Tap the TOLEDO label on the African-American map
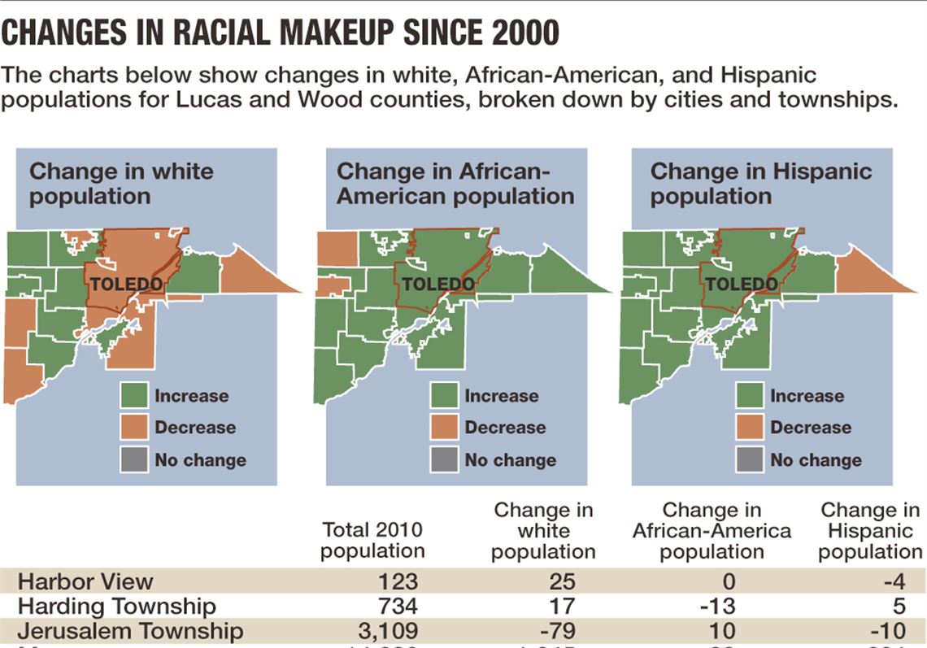point(439,285)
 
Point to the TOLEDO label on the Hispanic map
point(741,285)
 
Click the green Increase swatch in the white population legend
point(134,396)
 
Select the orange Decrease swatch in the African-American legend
point(444,428)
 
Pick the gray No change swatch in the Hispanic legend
point(750,459)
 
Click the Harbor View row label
point(85,582)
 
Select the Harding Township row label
point(117,607)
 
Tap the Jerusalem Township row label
point(130,631)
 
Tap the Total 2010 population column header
point(372,540)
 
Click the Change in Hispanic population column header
point(870,531)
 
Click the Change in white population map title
point(122,184)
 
